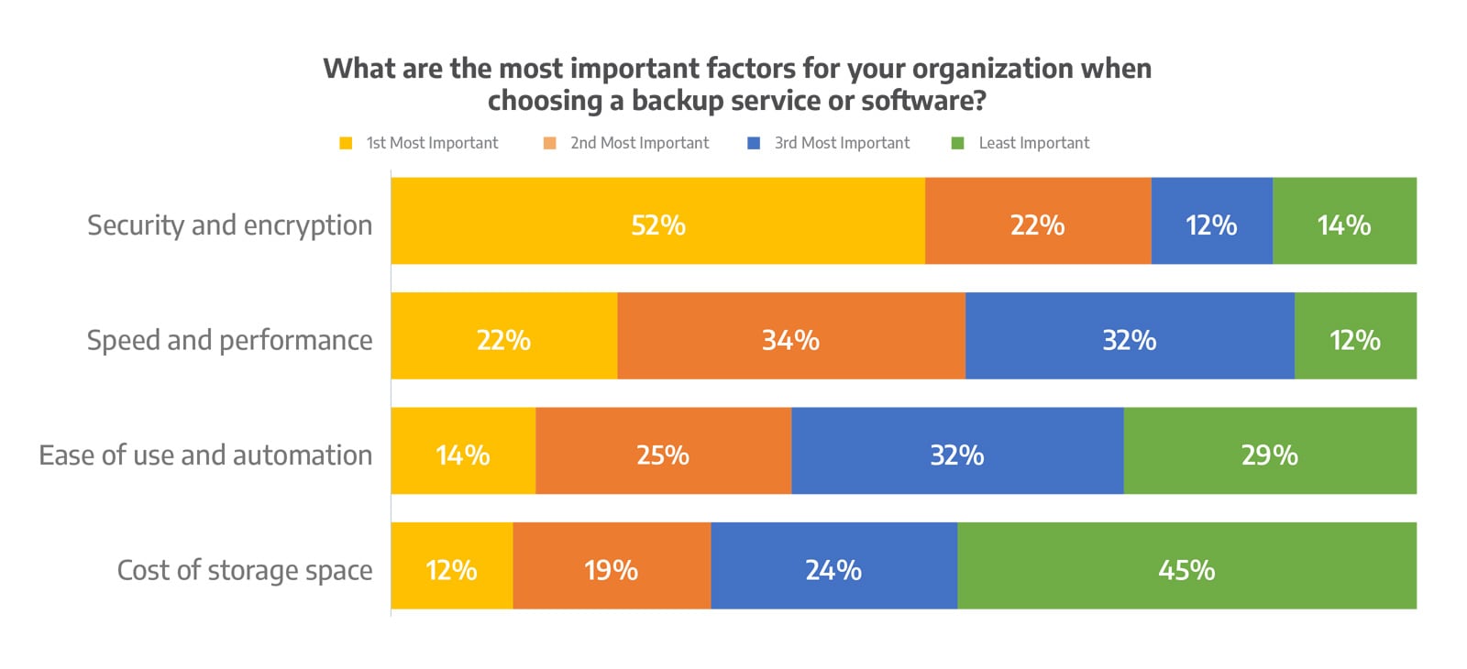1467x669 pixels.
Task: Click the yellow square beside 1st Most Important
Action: point(346,143)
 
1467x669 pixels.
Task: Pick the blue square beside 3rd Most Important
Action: point(754,143)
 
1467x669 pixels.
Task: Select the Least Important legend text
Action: point(1033,143)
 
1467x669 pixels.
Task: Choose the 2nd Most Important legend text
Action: point(639,143)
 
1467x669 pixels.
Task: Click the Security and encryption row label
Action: point(229,225)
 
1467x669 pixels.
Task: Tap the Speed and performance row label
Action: point(229,341)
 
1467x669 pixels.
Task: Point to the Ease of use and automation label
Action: point(205,455)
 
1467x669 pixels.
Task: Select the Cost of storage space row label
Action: point(244,570)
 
